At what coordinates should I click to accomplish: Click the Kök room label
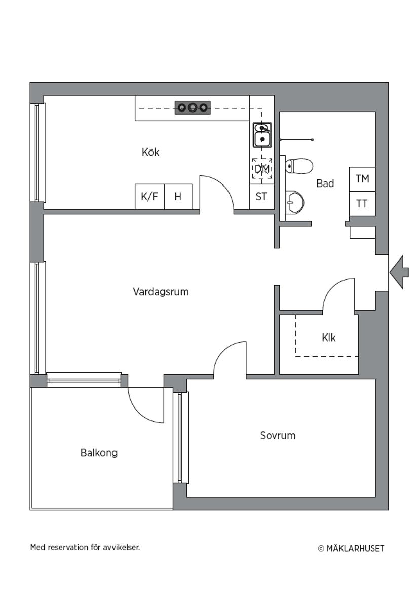(x=150, y=152)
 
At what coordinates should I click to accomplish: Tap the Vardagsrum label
(x=161, y=292)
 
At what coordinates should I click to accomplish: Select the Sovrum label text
(x=278, y=435)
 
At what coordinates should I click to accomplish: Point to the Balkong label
(x=99, y=453)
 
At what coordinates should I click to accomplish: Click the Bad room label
(x=325, y=183)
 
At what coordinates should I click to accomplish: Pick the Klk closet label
(x=328, y=338)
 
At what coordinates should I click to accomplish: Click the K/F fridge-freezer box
(x=149, y=197)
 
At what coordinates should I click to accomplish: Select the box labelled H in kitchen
(x=178, y=197)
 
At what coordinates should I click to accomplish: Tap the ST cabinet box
(x=261, y=197)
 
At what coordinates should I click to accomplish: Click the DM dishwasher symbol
(x=261, y=169)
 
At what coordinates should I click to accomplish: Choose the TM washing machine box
(x=362, y=179)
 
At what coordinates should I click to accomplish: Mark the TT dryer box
(x=362, y=204)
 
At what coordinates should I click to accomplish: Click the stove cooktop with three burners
(x=193, y=107)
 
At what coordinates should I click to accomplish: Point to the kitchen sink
(x=262, y=135)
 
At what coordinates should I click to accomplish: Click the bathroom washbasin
(x=295, y=203)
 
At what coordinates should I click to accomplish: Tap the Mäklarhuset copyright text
(x=351, y=548)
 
